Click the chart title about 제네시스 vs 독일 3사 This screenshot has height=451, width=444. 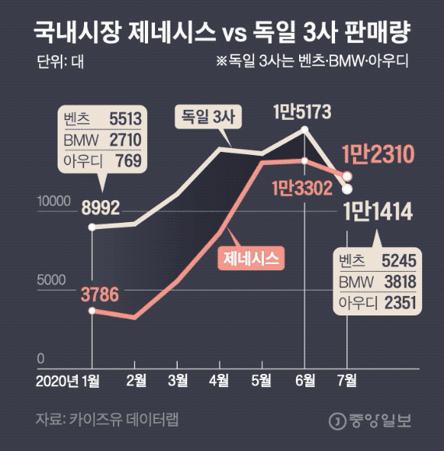(222, 33)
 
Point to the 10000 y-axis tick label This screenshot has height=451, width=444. (51, 202)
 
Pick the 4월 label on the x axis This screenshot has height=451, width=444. (220, 380)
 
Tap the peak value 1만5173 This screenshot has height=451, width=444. (302, 112)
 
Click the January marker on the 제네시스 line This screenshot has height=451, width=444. (92, 311)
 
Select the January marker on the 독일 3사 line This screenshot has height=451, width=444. (92, 227)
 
